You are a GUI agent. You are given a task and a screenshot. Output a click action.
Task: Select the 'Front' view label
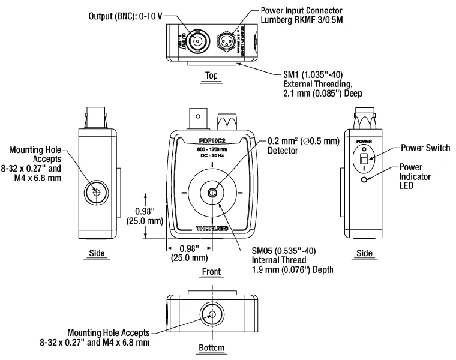point(211,272)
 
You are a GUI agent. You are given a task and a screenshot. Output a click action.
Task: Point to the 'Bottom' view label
point(211,348)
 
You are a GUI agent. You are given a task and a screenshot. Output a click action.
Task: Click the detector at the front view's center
point(212,193)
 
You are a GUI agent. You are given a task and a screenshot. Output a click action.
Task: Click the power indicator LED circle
point(364,179)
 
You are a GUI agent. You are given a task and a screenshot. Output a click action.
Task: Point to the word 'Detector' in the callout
point(283,151)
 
